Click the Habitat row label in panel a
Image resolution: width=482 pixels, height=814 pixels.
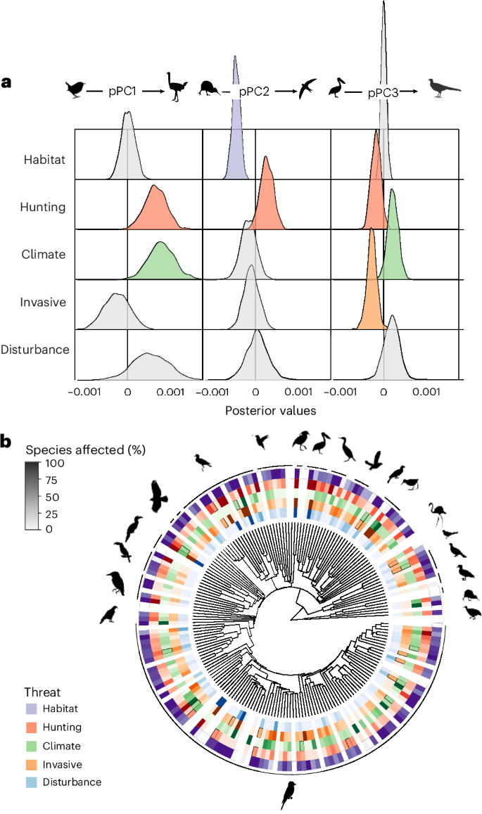(44, 160)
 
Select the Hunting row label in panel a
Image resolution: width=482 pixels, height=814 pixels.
(44, 208)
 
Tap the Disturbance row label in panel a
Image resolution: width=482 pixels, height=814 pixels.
(35, 350)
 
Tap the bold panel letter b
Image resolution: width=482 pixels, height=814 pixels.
(7, 441)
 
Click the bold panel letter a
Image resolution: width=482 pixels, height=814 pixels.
(6, 83)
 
